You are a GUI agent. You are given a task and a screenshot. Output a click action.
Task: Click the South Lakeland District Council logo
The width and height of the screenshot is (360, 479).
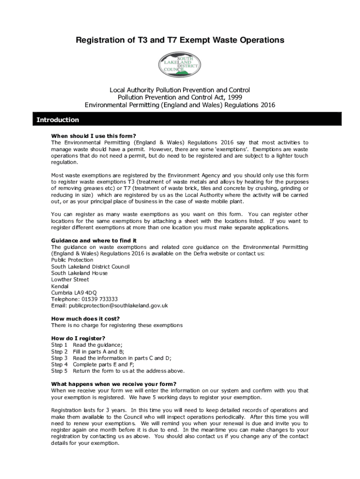click(180, 65)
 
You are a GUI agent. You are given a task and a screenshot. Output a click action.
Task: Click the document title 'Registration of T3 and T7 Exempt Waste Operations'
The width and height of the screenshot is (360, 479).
click(180, 41)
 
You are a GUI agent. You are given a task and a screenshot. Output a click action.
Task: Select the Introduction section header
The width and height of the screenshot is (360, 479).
click(58, 120)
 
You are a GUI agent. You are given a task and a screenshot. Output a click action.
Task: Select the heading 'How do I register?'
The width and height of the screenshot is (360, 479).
click(78, 338)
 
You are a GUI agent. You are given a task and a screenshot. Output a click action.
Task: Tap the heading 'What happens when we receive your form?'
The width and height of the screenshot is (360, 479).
click(114, 384)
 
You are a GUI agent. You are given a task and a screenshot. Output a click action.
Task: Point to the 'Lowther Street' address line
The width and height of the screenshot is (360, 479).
click(70, 279)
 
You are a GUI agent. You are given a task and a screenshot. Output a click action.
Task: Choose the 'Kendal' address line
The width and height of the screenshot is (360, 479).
click(59, 286)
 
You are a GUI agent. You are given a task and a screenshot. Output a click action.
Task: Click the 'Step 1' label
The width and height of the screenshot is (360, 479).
click(59, 345)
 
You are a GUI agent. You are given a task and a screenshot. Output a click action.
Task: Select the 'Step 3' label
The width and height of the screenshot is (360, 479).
click(59, 358)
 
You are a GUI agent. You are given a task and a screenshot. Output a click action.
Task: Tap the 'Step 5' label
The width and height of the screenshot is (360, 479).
click(59, 371)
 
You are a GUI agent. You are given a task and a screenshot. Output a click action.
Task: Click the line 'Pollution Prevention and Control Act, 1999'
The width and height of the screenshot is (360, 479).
click(180, 97)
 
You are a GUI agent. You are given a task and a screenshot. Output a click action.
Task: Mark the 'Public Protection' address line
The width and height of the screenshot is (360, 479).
click(72, 260)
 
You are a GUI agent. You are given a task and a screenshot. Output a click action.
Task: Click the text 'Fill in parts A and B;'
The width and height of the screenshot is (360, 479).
click(99, 351)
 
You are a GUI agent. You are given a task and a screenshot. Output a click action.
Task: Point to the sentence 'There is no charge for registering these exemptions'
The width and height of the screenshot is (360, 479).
click(117, 325)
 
